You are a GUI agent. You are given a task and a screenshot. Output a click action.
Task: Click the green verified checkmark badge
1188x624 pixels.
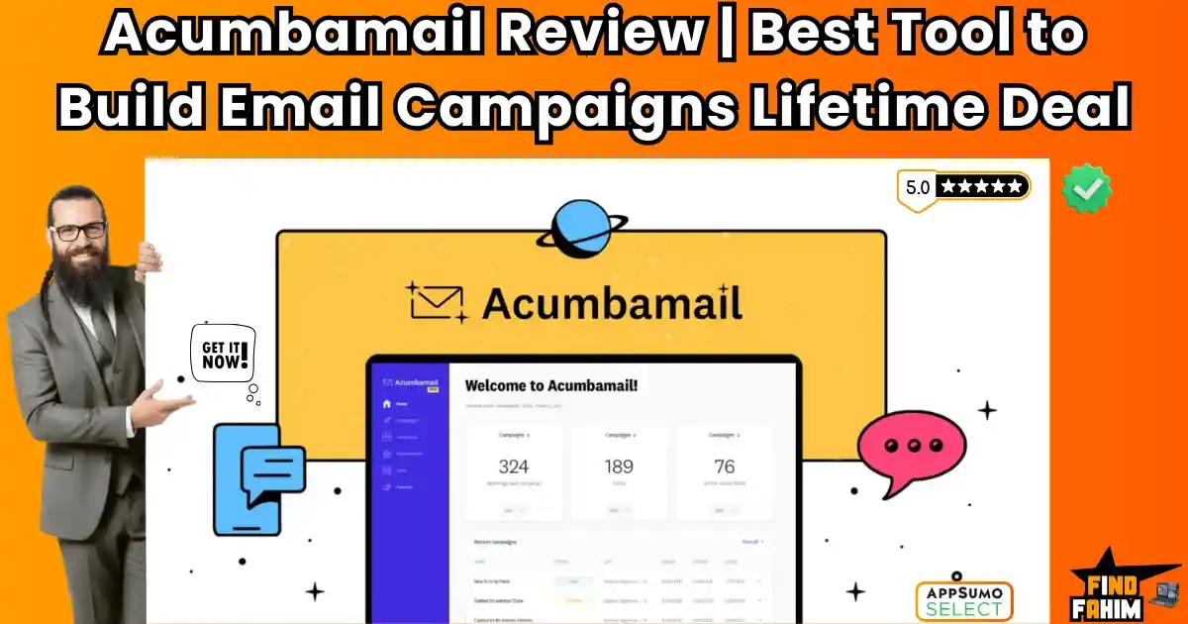click(1086, 188)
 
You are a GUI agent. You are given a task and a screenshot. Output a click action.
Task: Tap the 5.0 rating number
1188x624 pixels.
click(917, 186)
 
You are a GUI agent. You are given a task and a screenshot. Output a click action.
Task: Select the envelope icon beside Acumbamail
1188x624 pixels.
click(436, 301)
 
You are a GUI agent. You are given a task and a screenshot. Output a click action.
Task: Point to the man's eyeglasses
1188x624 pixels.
click(79, 231)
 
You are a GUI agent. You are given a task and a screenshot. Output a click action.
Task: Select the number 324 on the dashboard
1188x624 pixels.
click(513, 466)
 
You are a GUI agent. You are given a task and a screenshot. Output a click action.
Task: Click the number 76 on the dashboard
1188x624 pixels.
click(724, 466)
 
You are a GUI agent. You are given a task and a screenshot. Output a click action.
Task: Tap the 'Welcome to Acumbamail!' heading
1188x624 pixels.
click(551, 385)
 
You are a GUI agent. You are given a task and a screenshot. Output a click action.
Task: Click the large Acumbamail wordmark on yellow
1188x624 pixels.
click(612, 302)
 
